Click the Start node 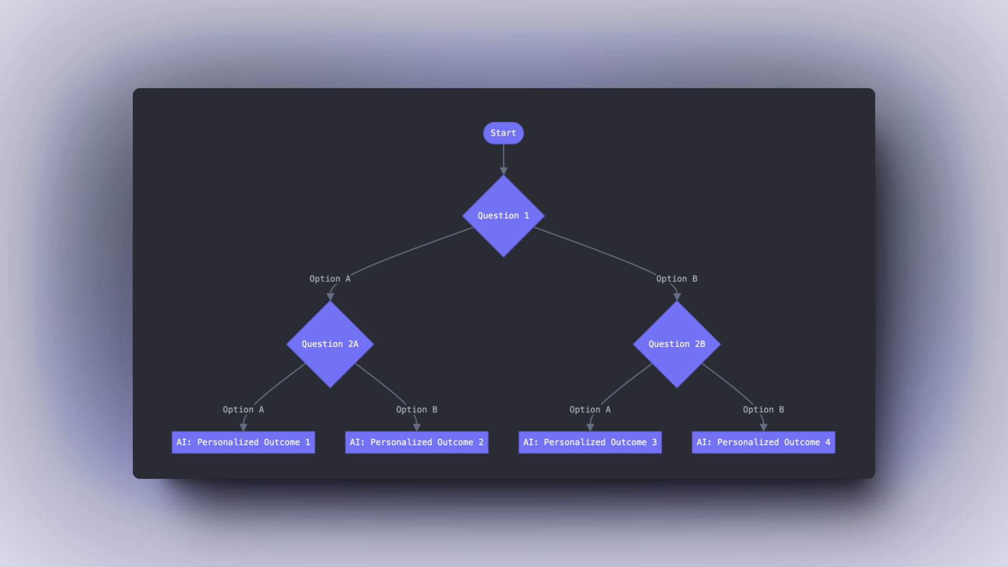503,133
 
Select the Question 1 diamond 503,216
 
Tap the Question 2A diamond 330,344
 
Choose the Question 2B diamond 677,344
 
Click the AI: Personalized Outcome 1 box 243,442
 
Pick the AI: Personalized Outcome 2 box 416,442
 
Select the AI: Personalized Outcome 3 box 590,442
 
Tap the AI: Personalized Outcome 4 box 763,442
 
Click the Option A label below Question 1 330,279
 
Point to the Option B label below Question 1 677,279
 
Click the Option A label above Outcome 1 243,409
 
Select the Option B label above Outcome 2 416,409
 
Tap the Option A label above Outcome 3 590,409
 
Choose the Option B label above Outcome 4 763,409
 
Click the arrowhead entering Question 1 503,171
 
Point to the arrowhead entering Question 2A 330,297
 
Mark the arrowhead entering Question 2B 677,297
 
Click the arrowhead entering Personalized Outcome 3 590,427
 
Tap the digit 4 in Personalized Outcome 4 827,442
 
